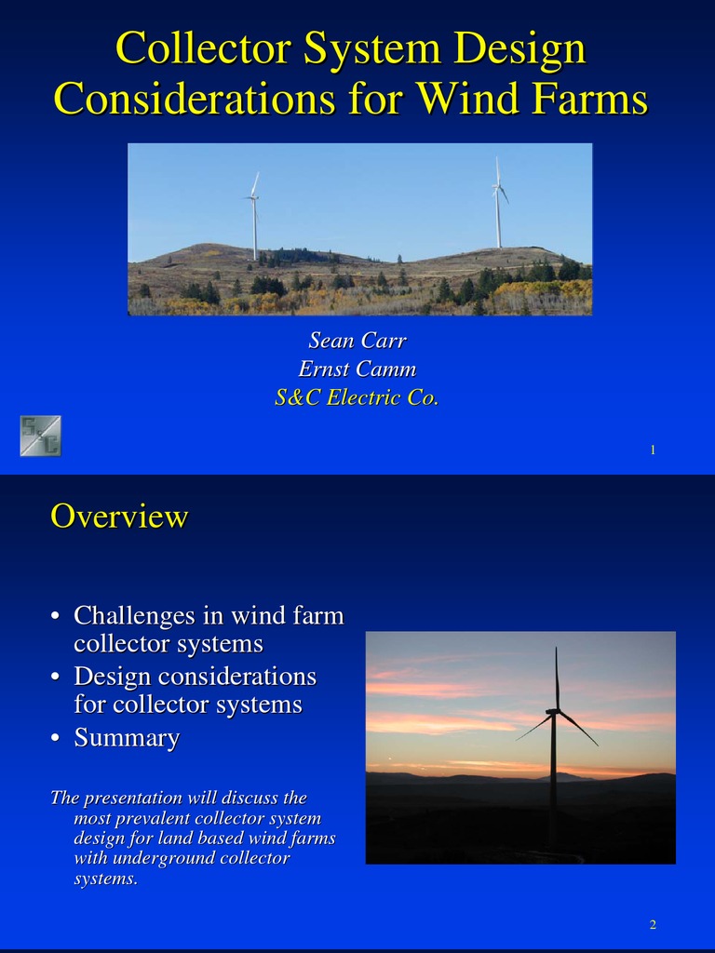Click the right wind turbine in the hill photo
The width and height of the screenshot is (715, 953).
tap(498, 205)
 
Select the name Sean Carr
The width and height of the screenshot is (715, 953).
tap(357, 341)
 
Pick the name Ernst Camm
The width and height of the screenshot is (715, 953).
tap(357, 369)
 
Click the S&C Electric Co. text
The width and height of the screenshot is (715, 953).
tap(357, 397)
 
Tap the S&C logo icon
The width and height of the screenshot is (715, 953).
tap(41, 436)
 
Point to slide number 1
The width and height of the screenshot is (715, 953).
tap(654, 450)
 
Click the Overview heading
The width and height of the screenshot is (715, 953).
tap(119, 516)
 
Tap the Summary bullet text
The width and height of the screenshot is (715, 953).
tap(127, 738)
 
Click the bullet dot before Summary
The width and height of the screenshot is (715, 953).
tap(57, 739)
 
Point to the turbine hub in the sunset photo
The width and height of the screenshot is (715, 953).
tap(553, 713)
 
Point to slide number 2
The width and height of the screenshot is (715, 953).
tap(654, 924)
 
